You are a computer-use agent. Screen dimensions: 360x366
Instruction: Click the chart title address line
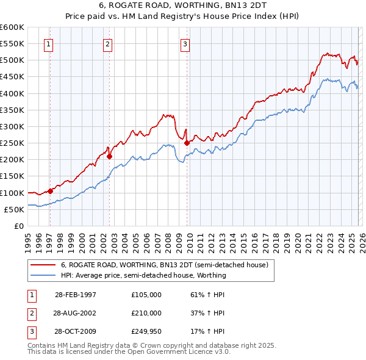tap(183, 5)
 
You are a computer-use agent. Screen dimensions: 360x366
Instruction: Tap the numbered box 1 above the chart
tap(48, 43)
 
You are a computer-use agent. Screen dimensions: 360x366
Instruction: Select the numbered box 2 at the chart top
tap(107, 43)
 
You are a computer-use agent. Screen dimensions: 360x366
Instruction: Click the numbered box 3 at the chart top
tap(185, 43)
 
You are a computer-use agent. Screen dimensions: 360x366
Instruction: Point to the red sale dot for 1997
tap(51, 191)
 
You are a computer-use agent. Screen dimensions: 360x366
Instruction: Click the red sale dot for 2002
tap(110, 156)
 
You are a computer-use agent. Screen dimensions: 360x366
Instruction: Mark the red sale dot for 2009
tap(187, 143)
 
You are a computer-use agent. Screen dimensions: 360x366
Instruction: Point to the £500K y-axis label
tap(12, 60)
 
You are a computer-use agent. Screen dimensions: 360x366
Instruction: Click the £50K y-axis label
tap(14, 209)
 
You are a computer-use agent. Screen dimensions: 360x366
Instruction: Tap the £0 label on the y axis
tap(18, 226)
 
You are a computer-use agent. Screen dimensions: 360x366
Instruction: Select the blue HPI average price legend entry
tap(143, 275)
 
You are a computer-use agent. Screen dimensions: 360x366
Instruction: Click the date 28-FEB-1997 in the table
tap(75, 295)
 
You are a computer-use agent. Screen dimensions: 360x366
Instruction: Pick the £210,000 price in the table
tap(146, 313)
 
